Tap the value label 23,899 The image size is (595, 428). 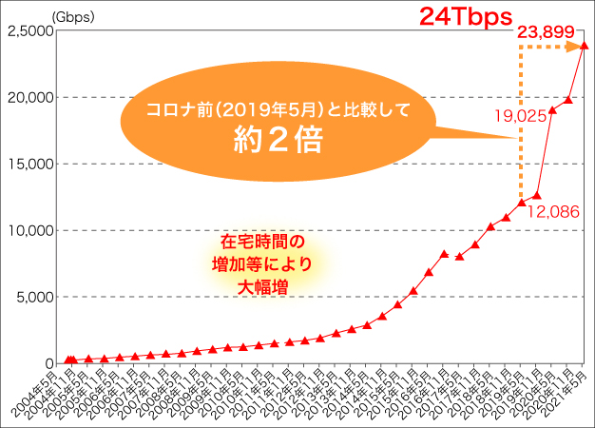coord(547,33)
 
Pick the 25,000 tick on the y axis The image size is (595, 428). coord(29,30)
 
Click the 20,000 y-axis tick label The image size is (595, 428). coord(29,97)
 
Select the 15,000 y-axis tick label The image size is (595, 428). coord(29,164)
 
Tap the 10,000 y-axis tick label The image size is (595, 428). coord(29,230)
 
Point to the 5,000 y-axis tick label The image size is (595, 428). coord(32,297)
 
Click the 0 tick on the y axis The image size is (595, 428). coord(47,362)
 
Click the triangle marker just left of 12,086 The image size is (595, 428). coord(521,203)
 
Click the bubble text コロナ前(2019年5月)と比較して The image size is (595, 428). coord(278,109)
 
